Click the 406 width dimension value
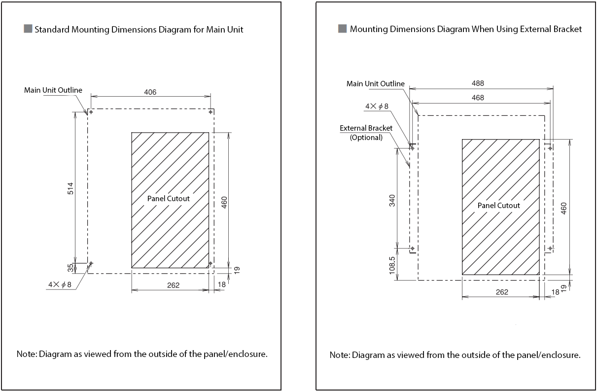(x=150, y=92)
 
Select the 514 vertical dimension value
(x=70, y=188)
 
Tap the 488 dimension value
(x=477, y=84)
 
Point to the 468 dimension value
(x=477, y=98)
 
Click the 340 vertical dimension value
(x=392, y=200)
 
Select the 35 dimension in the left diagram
(x=70, y=268)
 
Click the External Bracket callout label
(x=366, y=128)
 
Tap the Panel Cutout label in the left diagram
(x=168, y=198)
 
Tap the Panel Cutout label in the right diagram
(x=498, y=205)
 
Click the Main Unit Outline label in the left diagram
(x=53, y=90)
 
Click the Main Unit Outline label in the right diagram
(x=375, y=84)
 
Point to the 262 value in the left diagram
(x=173, y=285)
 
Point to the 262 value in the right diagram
(x=501, y=292)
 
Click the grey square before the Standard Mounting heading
(x=28, y=29)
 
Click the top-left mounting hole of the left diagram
(x=91, y=112)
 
